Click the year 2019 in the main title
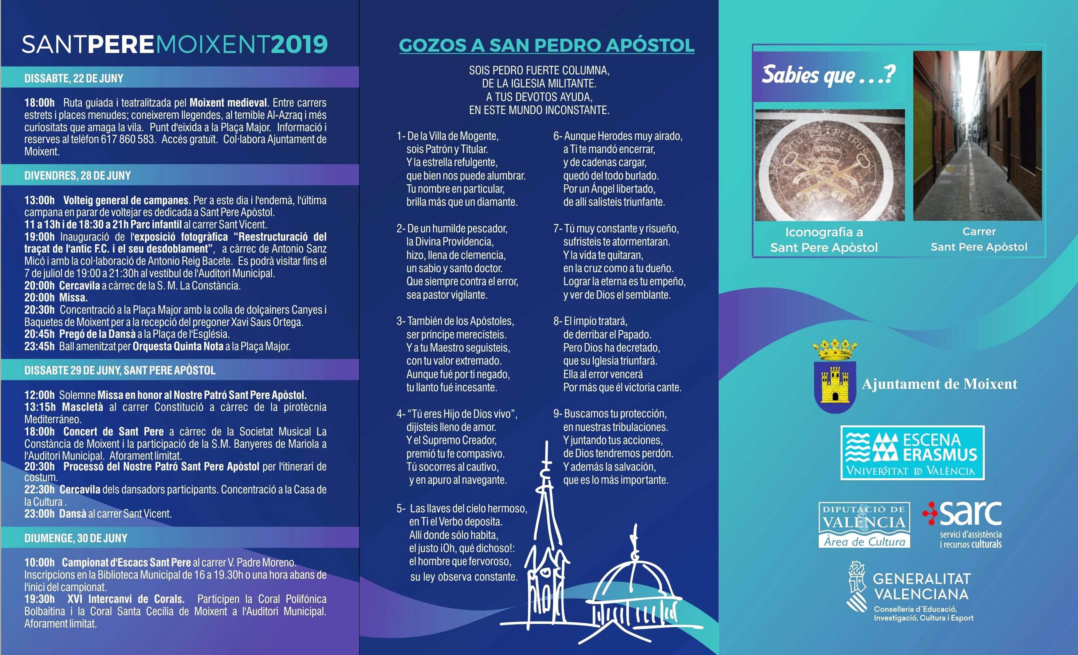299,44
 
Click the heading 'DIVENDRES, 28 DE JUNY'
77,176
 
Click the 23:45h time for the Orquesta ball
39,346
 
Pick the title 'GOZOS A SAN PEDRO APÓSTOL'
546,45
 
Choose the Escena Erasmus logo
912,453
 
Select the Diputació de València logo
864,525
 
